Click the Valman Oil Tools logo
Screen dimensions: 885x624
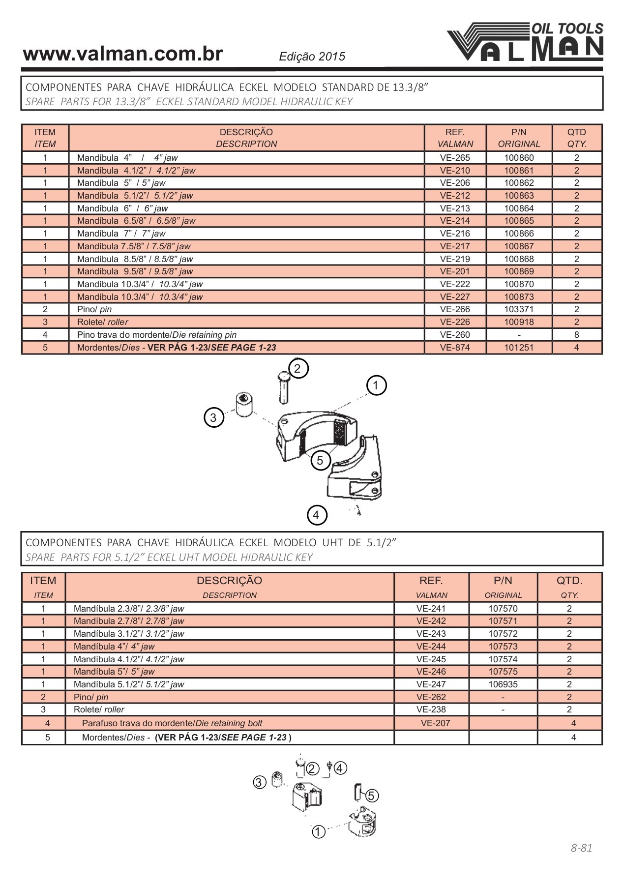(525, 42)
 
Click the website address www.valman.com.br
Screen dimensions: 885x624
(123, 54)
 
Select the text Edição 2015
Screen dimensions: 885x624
(312, 57)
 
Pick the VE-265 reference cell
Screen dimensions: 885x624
(455, 158)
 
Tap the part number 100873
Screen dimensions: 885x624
(519, 297)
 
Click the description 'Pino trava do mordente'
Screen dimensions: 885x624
(156, 335)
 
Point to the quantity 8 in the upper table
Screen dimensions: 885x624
(576, 335)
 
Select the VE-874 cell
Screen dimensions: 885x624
(455, 348)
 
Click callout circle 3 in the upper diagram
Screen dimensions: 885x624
(213, 418)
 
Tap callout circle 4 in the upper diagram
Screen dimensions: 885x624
(316, 515)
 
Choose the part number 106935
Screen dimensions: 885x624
(503, 684)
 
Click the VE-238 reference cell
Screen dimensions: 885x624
(431, 709)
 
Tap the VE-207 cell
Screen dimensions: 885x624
(435, 723)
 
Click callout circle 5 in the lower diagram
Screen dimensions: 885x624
(371, 796)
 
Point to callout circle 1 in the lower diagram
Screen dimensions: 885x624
(319, 832)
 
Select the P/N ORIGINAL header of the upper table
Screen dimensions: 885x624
(519, 138)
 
